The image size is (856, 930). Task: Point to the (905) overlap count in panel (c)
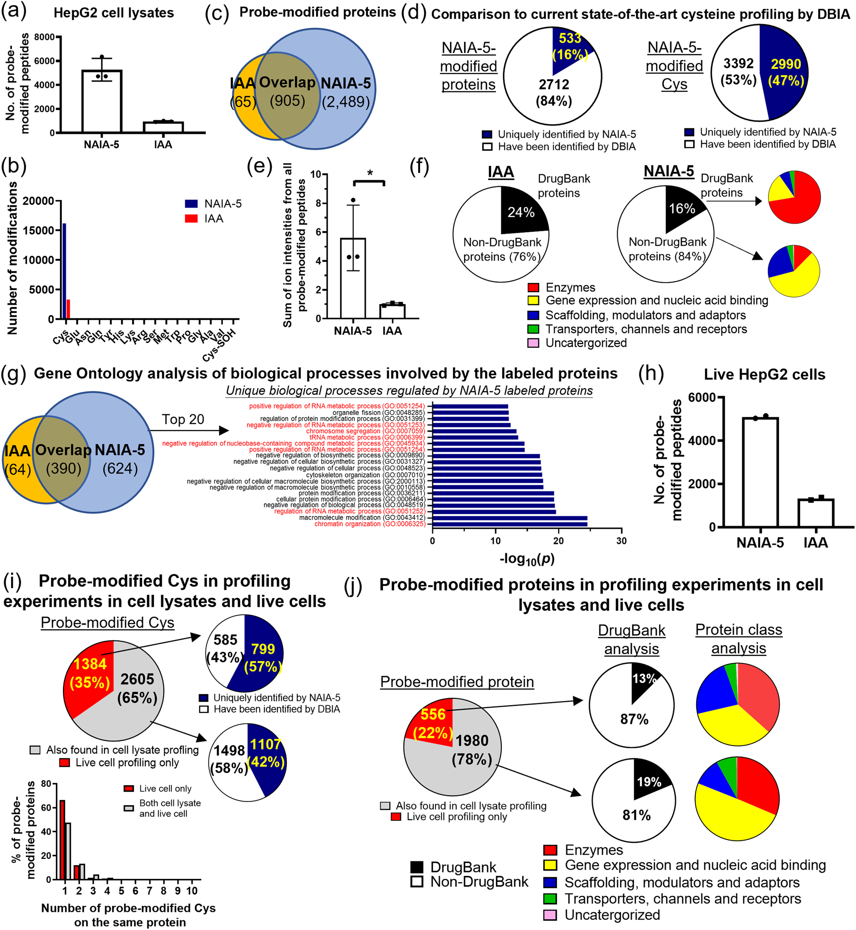(287, 101)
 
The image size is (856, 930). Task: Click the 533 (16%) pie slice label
(570, 46)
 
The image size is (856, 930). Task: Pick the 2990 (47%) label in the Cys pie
(786, 72)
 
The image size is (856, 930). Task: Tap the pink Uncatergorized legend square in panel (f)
(533, 344)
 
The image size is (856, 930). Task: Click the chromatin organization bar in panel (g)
(510, 524)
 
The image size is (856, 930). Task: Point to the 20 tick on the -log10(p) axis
(558, 540)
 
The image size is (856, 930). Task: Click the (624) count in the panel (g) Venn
(120, 469)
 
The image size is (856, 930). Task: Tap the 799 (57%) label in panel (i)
(263, 658)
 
